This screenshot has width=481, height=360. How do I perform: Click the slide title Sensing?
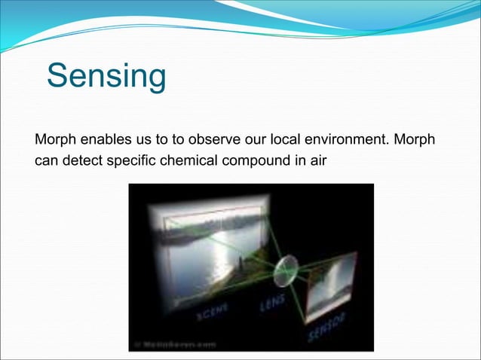106,77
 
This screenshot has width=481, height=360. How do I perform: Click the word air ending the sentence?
317,160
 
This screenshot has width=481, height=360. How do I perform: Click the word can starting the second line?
47,160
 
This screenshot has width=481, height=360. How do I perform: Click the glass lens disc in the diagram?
286,268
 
